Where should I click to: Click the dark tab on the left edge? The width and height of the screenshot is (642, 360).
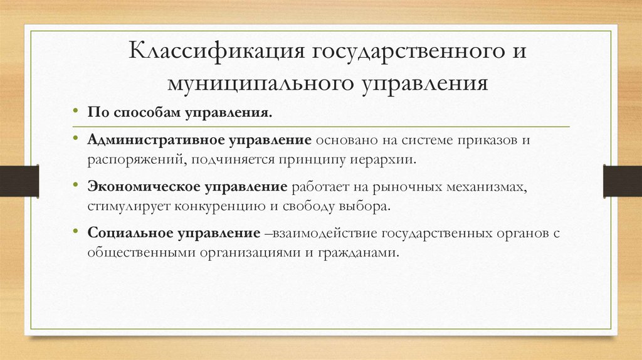click(x=19, y=180)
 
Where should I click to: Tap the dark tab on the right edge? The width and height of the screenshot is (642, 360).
click(x=622, y=180)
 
